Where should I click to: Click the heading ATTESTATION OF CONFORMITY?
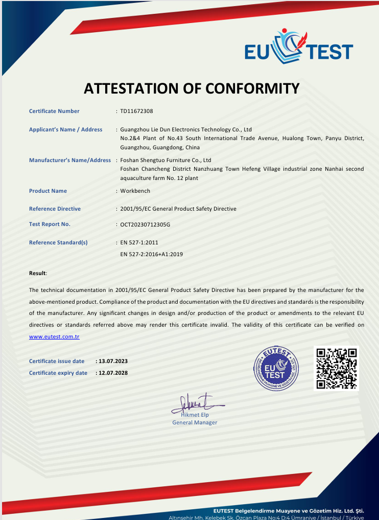[191, 88]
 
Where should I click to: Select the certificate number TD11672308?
[136, 111]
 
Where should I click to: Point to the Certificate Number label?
[54, 111]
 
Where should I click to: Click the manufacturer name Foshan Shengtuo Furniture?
[165, 160]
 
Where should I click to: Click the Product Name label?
[48, 191]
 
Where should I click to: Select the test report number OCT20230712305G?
[145, 224]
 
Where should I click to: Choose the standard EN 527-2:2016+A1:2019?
[151, 254]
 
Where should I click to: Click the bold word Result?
[37, 274]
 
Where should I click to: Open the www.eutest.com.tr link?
[54, 337]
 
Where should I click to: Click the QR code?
[336, 368]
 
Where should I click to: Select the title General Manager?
[195, 422]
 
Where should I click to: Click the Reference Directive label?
[55, 209]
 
